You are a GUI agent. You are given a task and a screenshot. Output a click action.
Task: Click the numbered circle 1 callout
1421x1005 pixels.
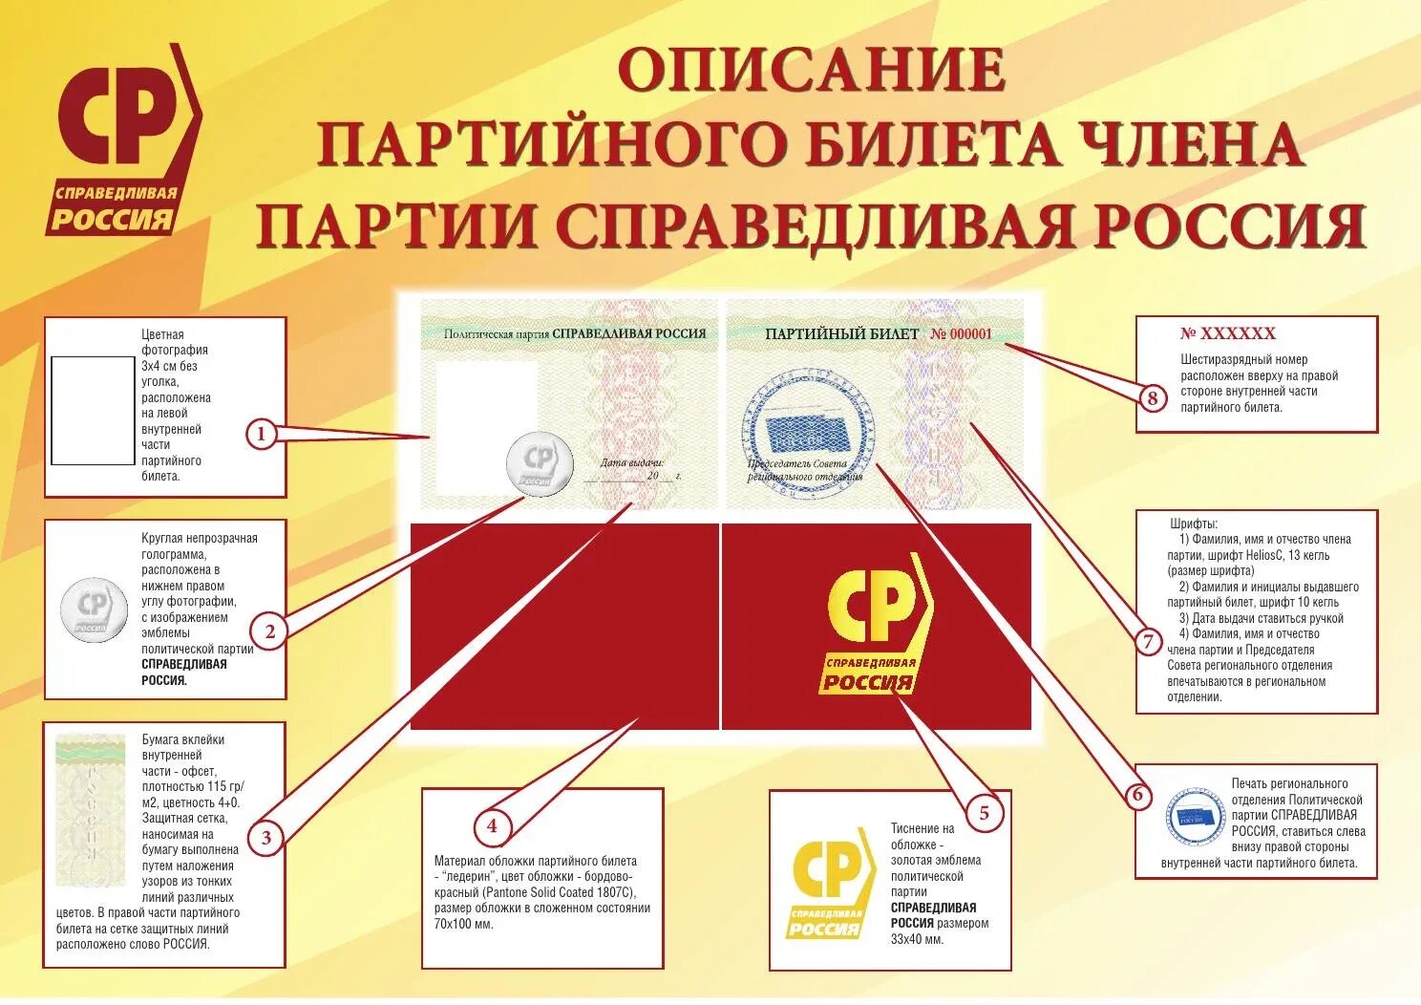(x=261, y=435)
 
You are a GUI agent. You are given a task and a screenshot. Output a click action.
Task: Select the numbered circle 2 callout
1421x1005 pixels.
(x=270, y=631)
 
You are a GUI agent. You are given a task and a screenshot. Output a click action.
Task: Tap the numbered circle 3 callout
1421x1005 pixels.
(x=266, y=838)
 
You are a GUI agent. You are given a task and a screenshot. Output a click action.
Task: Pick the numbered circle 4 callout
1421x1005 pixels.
(x=492, y=825)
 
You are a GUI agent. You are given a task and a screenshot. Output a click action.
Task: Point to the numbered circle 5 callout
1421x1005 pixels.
(x=985, y=813)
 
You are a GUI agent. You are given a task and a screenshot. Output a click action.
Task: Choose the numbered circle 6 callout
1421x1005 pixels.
(x=1136, y=795)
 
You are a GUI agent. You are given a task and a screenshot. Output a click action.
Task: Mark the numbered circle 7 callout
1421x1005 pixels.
(x=1149, y=642)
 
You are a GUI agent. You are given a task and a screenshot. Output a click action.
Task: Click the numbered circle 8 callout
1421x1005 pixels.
(x=1153, y=397)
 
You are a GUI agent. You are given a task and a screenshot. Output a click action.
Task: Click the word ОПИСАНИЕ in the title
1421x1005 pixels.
(x=811, y=69)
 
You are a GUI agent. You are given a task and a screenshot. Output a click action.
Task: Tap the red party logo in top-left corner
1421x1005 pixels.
(x=124, y=139)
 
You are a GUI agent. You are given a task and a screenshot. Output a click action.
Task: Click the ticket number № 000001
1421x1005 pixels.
(x=962, y=334)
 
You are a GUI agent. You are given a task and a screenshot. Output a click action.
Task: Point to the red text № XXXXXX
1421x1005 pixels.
(x=1227, y=333)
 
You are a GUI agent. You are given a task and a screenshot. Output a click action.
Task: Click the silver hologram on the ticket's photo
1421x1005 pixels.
(x=540, y=464)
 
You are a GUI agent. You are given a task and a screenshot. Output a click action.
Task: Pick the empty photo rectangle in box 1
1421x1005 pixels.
(x=93, y=411)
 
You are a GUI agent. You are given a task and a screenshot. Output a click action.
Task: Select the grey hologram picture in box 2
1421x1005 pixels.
(x=94, y=609)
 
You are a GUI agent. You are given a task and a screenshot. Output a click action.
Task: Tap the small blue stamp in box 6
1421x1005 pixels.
(x=1196, y=816)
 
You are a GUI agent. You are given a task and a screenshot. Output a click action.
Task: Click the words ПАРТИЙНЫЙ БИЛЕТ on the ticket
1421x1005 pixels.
(x=841, y=334)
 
